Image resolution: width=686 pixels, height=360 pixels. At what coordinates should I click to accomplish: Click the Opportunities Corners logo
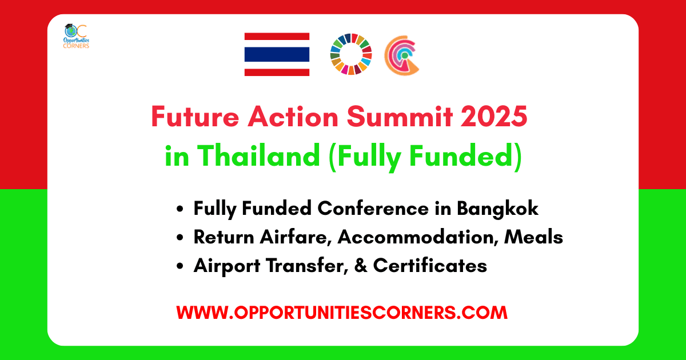click(76, 37)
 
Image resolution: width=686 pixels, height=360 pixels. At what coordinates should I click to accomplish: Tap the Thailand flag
click(277, 54)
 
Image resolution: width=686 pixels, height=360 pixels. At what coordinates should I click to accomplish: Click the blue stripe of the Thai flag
click(277, 54)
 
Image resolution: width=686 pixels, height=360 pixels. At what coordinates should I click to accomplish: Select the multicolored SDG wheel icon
click(351, 54)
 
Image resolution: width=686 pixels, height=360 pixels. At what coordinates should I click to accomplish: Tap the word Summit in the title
click(400, 117)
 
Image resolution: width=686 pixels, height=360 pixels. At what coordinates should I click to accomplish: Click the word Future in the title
click(195, 117)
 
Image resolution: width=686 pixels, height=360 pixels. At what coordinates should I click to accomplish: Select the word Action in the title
click(293, 117)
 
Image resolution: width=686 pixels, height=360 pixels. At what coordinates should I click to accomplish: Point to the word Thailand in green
click(258, 156)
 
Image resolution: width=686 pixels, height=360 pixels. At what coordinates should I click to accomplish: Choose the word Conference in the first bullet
click(373, 209)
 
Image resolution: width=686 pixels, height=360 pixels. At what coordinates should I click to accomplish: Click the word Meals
click(533, 237)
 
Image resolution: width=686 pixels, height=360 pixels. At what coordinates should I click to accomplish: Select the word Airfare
click(296, 237)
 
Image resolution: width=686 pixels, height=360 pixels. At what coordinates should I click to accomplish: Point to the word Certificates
click(430, 265)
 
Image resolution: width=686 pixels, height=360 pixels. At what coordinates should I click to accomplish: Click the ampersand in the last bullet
click(361, 265)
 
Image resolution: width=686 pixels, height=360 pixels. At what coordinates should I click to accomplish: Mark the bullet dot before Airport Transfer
click(180, 266)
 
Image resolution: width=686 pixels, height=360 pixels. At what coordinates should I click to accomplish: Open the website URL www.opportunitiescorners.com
click(342, 313)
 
